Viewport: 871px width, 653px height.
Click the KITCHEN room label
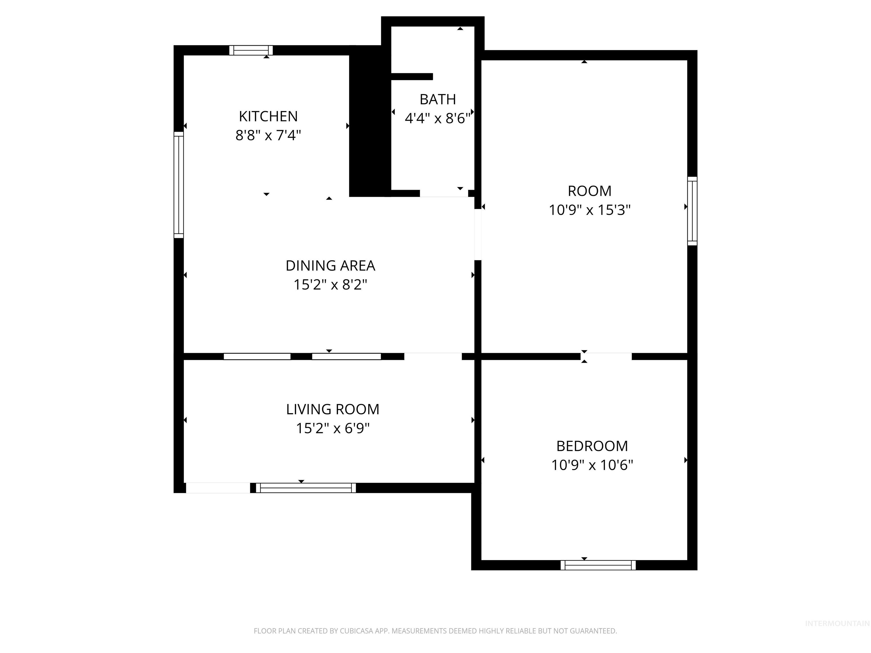click(268, 116)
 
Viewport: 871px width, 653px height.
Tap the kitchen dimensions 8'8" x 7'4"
click(268, 135)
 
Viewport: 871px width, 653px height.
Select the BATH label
click(437, 99)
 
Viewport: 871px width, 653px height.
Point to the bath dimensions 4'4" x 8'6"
click(437, 118)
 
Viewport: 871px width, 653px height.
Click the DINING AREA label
click(330, 266)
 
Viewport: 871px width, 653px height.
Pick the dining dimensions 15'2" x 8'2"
click(330, 285)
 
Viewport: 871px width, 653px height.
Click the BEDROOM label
click(592, 446)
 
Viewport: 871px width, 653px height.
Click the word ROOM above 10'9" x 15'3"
click(589, 191)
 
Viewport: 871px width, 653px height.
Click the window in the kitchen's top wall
click(251, 50)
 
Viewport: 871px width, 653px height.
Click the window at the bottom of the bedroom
click(598, 565)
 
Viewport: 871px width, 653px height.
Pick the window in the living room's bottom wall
click(306, 488)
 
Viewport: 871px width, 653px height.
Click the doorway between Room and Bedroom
click(606, 356)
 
